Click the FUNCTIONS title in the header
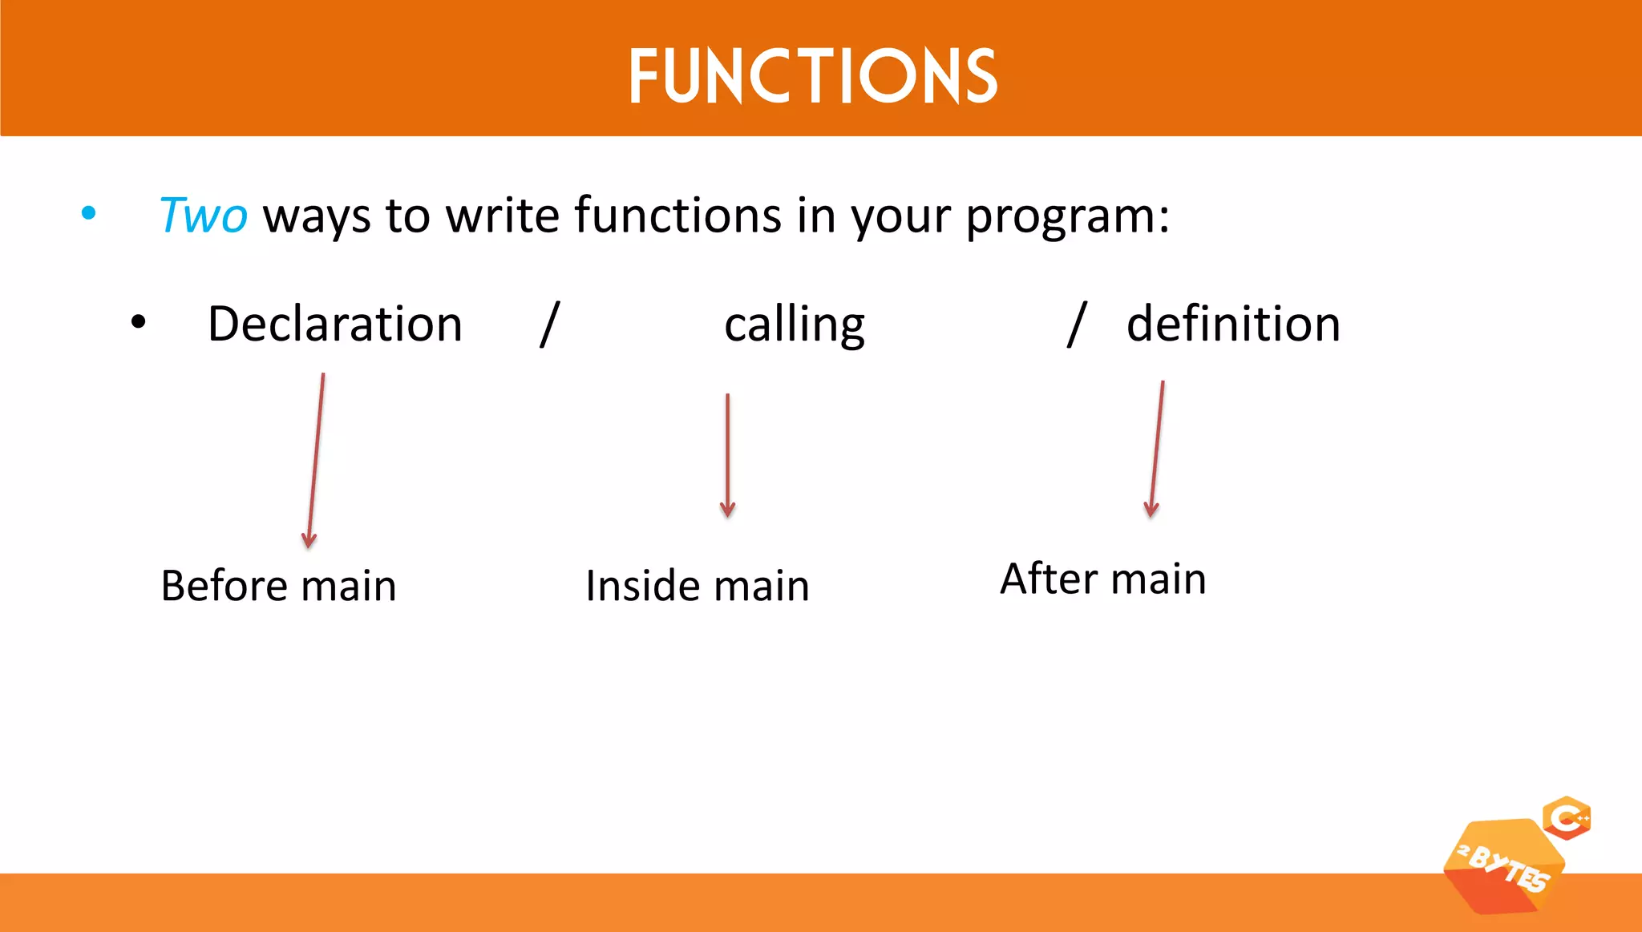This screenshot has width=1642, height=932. pos(812,75)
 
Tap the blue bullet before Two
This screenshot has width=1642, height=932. pos(89,213)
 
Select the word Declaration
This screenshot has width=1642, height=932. pos(335,324)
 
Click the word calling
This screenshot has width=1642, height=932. pos(794,325)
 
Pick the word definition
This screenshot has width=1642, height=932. pos(1233,324)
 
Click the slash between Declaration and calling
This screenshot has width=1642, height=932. pos(549,324)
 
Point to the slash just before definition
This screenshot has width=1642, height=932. pos(1077,324)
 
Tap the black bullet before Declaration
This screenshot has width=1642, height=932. pos(139,322)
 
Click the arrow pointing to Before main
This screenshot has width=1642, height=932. pos(316,461)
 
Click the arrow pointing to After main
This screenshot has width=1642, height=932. pos(1157,449)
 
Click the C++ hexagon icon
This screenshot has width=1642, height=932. pos(1567,818)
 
